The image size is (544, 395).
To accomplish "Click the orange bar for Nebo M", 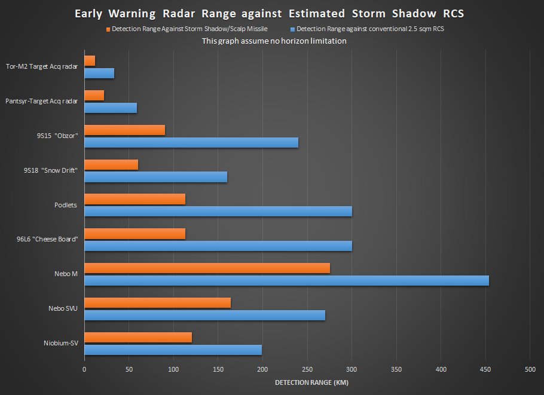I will pyautogui.click(x=207, y=268).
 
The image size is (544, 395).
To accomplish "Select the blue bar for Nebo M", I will pyautogui.click(x=286, y=281).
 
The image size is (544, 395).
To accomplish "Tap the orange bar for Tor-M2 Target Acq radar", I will pyautogui.click(x=90, y=60).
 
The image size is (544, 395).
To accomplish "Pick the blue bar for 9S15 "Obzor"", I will pyautogui.click(x=191, y=143).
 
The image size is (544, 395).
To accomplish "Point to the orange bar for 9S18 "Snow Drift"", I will pyautogui.click(x=111, y=165).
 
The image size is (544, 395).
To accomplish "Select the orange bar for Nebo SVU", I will pyautogui.click(x=157, y=303).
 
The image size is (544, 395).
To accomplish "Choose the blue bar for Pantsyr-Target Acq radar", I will pyautogui.click(x=111, y=108).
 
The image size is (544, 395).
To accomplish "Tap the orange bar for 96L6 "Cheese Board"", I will pyautogui.click(x=135, y=234).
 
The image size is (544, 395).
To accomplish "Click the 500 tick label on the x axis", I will pyautogui.click(x=530, y=369).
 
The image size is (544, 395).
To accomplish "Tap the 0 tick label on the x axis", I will pyautogui.click(x=84, y=369).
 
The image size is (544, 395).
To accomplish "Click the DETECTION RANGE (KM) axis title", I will pyautogui.click(x=307, y=382).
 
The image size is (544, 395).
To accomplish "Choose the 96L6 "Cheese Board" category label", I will pyautogui.click(x=51, y=240).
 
